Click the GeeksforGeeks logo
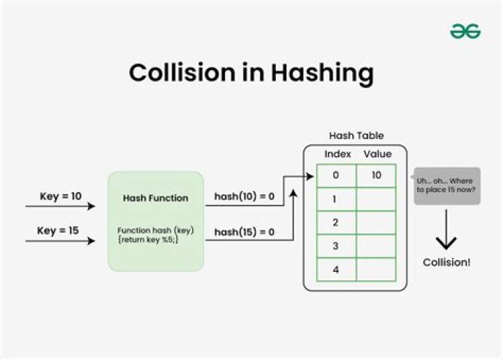click(465, 31)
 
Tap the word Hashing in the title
click(324, 73)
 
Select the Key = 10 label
click(61, 196)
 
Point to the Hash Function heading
click(155, 198)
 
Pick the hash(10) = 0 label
click(244, 197)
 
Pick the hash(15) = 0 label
click(244, 232)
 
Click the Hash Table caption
click(356, 136)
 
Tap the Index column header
click(337, 154)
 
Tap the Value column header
click(378, 154)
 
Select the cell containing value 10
click(377, 175)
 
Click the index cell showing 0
click(336, 175)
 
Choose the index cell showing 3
click(336, 246)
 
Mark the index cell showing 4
click(336, 269)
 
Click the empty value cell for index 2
click(377, 222)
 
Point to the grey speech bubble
click(447, 185)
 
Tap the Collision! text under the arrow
click(446, 262)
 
